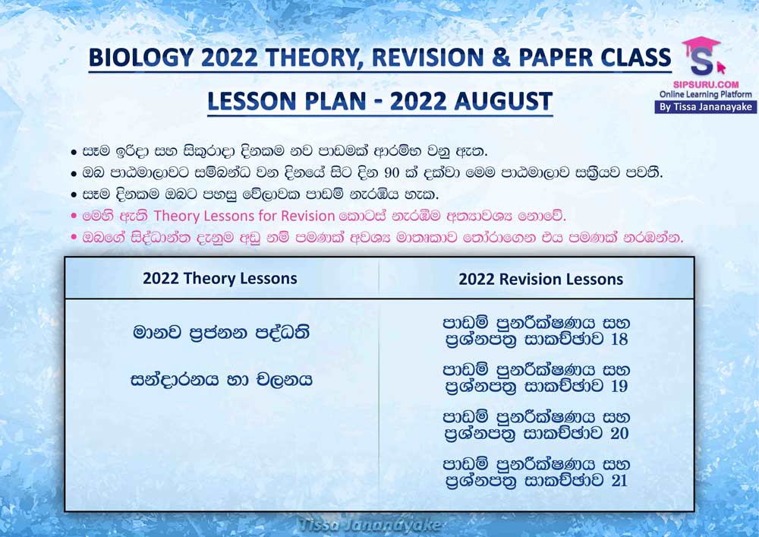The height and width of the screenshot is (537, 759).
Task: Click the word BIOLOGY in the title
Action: click(x=141, y=58)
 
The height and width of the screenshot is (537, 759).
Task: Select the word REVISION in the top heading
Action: click(x=427, y=58)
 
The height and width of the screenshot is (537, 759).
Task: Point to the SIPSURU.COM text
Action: click(x=706, y=84)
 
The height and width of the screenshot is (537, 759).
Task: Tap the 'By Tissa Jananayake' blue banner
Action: click(x=706, y=107)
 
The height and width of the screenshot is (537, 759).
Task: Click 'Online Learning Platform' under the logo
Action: click(x=706, y=94)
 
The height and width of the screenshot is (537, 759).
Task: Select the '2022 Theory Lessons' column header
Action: click(x=220, y=279)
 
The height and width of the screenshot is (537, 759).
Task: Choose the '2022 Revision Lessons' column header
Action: click(x=540, y=279)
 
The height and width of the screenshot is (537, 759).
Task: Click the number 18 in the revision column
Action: click(x=619, y=339)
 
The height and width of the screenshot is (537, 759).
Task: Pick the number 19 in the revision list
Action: click(x=619, y=386)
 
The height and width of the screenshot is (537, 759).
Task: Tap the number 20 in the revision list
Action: click(x=619, y=433)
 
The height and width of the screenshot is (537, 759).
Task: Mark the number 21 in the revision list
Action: click(x=619, y=480)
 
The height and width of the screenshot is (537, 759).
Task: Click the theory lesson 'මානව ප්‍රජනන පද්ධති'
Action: click(x=221, y=332)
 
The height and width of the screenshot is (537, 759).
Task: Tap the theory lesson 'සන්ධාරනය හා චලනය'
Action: click(x=221, y=379)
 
